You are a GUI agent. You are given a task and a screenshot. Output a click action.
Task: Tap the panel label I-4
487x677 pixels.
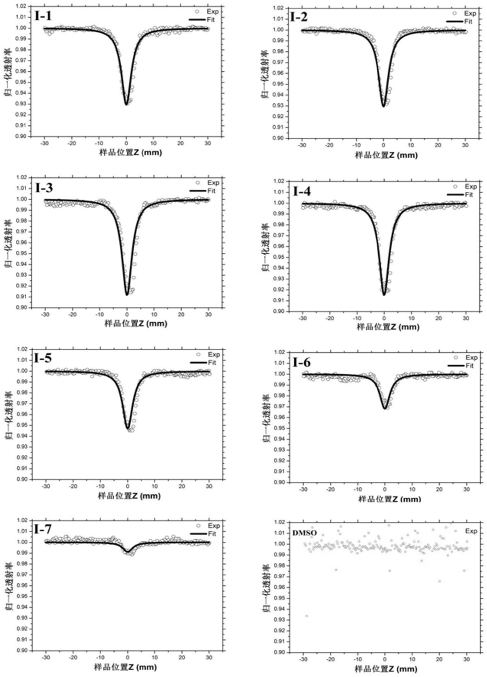pyautogui.click(x=302, y=191)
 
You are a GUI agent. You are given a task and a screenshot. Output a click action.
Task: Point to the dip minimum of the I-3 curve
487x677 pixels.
pyautogui.click(x=127, y=294)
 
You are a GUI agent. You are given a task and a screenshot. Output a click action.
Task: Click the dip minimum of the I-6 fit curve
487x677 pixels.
pyautogui.click(x=385, y=408)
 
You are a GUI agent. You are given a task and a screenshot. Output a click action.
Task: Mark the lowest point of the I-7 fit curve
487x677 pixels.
pyautogui.click(x=128, y=551)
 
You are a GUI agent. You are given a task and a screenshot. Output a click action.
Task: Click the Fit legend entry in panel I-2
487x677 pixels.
pyautogui.click(x=468, y=21)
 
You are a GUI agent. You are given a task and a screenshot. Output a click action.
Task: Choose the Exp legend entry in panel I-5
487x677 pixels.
pyautogui.click(x=214, y=355)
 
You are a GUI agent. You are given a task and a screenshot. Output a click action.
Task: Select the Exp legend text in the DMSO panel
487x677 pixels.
pyautogui.click(x=471, y=531)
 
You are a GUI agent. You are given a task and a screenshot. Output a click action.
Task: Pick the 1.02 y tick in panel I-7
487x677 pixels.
pyautogui.click(x=22, y=520)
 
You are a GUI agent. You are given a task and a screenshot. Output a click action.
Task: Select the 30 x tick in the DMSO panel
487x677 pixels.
pyautogui.click(x=466, y=659)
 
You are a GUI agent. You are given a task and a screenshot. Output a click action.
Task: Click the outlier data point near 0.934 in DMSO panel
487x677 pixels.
pyautogui.click(x=306, y=616)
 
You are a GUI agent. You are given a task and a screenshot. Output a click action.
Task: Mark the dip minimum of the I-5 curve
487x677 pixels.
pyautogui.click(x=128, y=429)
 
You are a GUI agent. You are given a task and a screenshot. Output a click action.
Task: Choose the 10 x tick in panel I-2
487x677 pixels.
pyautogui.click(x=411, y=145)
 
